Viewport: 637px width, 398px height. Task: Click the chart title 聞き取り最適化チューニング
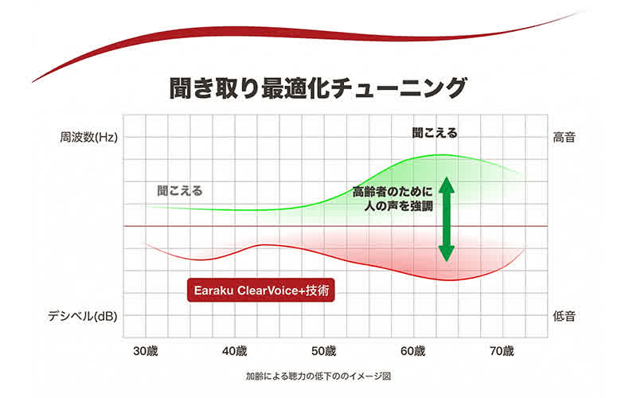[317, 87]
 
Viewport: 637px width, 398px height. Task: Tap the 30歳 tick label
[145, 351]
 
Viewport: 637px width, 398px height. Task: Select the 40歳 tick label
[235, 351]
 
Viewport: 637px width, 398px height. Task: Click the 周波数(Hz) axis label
[88, 137]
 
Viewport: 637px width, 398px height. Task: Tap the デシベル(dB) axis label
[83, 316]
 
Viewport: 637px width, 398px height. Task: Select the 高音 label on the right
[565, 137]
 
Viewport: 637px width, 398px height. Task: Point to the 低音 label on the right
[565, 316]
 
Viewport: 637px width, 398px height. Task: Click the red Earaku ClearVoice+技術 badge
[259, 291]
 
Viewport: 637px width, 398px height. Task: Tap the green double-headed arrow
[447, 218]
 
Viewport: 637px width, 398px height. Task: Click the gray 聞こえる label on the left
[180, 191]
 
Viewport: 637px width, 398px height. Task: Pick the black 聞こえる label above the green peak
[435, 133]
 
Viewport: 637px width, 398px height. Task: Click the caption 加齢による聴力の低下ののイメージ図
[318, 375]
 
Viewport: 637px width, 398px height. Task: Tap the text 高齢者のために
[393, 192]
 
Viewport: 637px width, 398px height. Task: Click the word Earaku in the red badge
[216, 291]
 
